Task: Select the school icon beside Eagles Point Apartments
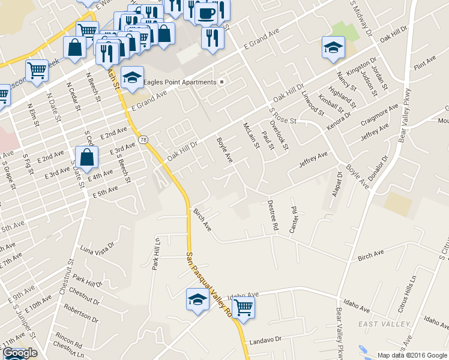pyautogui.click(x=132, y=77)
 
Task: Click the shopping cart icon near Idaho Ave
pyautogui.click(x=243, y=308)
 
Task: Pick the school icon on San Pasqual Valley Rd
pyautogui.click(x=197, y=299)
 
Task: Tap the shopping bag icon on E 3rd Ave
pyautogui.click(x=87, y=158)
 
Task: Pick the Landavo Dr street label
pyautogui.click(x=266, y=340)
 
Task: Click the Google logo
pyautogui.click(x=19, y=353)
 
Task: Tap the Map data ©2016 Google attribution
pyautogui.click(x=412, y=355)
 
